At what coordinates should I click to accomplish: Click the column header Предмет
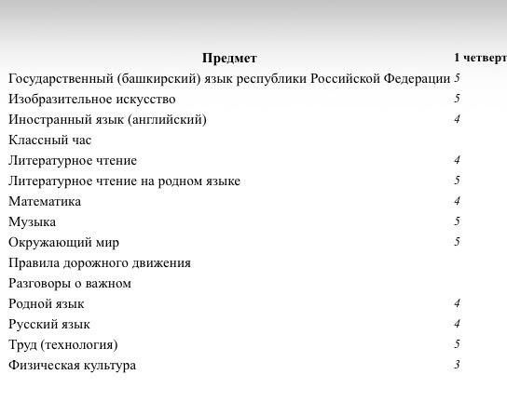pos(229,59)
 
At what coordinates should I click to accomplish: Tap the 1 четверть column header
pos(480,59)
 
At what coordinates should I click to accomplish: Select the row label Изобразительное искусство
pos(91,100)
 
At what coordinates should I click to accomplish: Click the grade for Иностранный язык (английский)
pos(458,119)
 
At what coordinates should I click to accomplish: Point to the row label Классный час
pos(49,141)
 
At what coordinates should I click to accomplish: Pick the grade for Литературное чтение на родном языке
pos(458,181)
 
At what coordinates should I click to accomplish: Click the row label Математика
pos(45,202)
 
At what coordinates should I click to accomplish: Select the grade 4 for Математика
pos(458,201)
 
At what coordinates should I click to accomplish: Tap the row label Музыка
pos(32,222)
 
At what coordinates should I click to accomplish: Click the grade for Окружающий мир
pos(458,242)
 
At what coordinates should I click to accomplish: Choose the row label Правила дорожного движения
pos(100,263)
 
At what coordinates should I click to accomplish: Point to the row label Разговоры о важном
pos(70,284)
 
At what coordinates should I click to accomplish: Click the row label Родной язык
pos(46,304)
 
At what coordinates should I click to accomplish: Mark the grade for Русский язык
pos(458,324)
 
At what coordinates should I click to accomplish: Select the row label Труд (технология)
pos(63,345)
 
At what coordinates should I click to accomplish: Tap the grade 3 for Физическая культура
pos(458,365)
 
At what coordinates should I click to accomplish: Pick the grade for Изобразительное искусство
pos(458,99)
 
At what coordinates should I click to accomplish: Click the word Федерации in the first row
pos(417,79)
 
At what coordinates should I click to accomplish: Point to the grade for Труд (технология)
pos(458,344)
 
